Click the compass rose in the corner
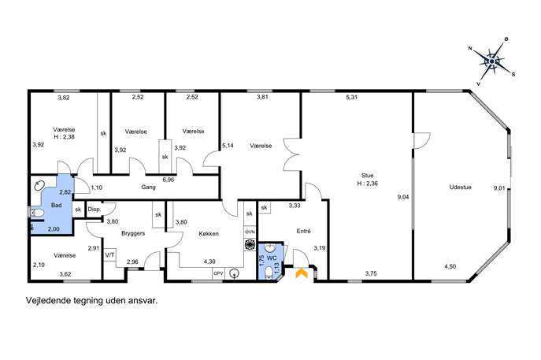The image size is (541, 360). tap(491, 61)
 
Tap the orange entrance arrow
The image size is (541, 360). tap(302, 273)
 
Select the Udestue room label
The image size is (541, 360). tap(460, 187)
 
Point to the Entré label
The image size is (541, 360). tap(304, 232)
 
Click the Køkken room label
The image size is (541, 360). tap(209, 234)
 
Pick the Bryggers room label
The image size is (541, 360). tap(133, 233)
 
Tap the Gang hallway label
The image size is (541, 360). tap(148, 187)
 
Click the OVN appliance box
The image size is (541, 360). tap(250, 232)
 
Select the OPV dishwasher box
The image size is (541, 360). tap(218, 273)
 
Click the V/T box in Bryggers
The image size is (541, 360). tap(109, 254)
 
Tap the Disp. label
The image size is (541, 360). tap(94, 210)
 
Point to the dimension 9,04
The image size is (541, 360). tap(403, 198)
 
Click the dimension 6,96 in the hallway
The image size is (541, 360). tap(169, 180)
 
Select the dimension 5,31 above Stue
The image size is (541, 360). tap(351, 98)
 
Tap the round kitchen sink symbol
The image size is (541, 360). tap(235, 273)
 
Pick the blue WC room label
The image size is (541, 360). tap(272, 258)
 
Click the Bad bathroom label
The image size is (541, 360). tap(56, 206)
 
